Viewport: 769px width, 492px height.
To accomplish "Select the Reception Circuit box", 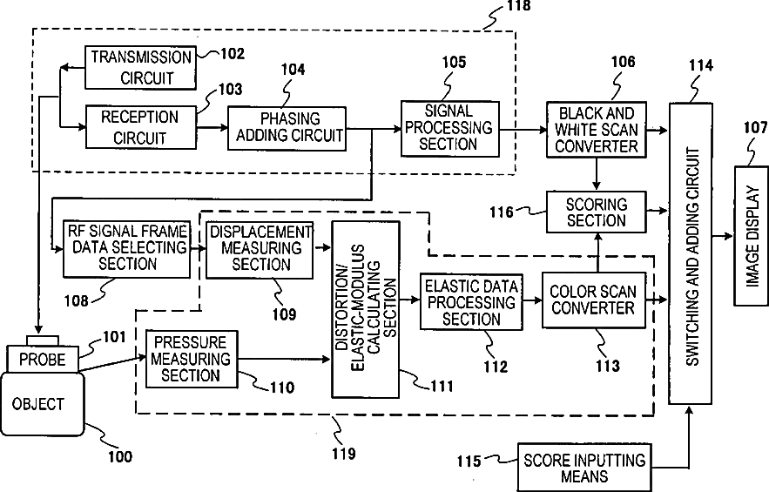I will [x=140, y=126].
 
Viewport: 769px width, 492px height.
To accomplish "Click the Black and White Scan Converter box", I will [x=597, y=129].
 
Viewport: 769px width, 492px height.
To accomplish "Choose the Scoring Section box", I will [x=597, y=212].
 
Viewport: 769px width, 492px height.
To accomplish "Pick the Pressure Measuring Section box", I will [x=190, y=357].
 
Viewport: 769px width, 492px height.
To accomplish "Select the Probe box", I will [x=42, y=358].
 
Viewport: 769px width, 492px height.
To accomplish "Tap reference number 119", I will [x=343, y=453].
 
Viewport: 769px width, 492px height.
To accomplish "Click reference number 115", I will [x=469, y=462].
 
